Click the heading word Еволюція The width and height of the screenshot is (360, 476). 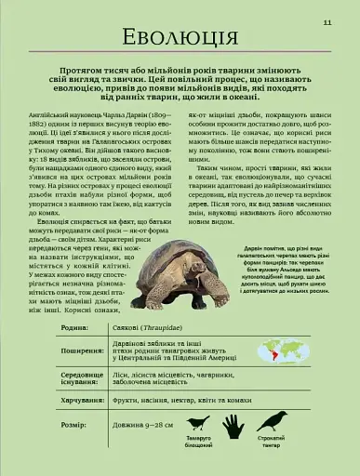pyautogui.click(x=180, y=39)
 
